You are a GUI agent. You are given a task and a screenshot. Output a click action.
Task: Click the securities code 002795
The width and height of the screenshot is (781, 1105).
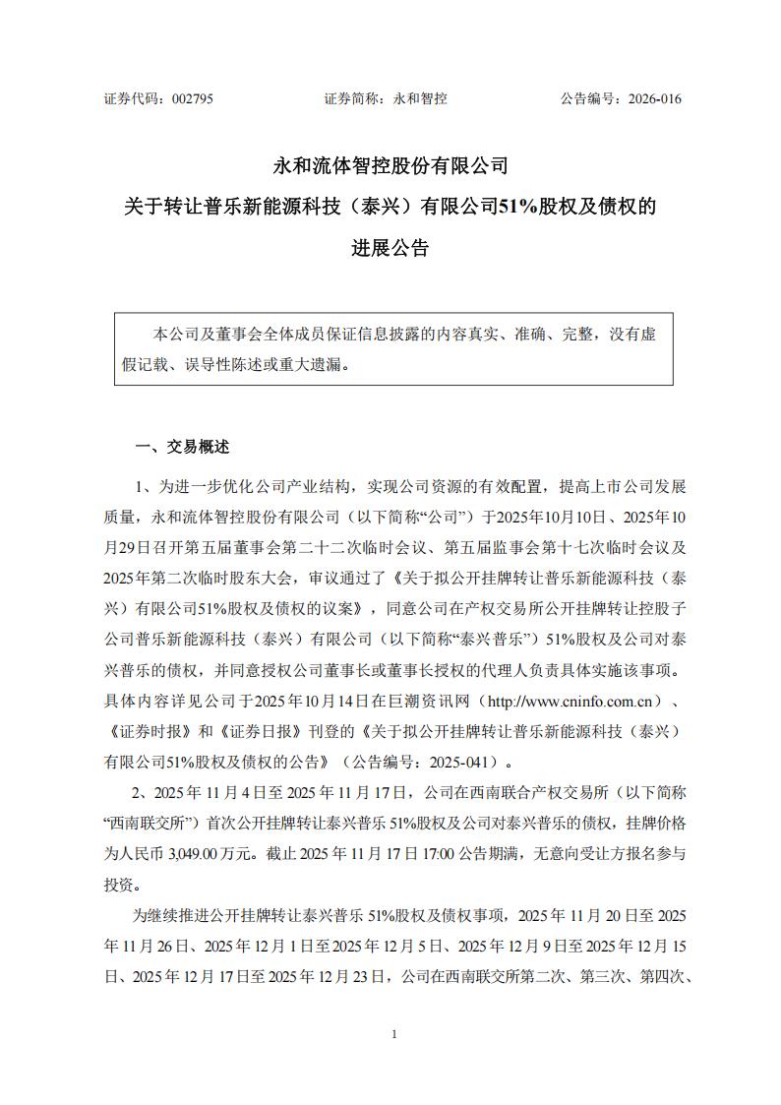192,98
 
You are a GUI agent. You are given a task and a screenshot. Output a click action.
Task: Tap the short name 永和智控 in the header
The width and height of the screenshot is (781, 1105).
420,98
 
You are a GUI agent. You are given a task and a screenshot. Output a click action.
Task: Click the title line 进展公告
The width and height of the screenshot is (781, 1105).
390,249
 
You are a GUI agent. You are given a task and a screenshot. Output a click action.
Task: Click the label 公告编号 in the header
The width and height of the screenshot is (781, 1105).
586,98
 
